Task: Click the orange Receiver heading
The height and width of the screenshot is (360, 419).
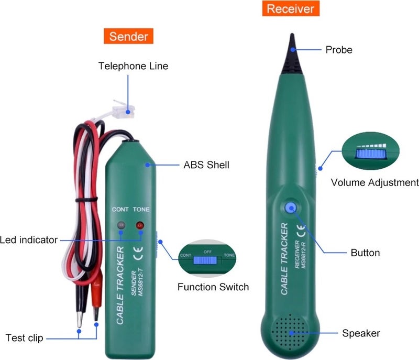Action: (x=291, y=8)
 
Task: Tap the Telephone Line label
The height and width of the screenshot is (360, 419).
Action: (x=134, y=66)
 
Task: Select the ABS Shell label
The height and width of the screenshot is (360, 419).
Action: (x=206, y=165)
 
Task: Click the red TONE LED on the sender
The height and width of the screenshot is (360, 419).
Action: (x=140, y=226)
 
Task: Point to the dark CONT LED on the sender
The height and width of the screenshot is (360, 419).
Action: (x=121, y=226)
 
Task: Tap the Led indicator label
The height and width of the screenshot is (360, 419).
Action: (x=29, y=240)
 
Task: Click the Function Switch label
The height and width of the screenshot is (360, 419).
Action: (x=213, y=287)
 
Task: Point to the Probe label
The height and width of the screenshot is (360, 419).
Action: (x=339, y=50)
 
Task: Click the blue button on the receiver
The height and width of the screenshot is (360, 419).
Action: (x=291, y=208)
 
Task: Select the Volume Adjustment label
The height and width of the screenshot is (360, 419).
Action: (x=374, y=183)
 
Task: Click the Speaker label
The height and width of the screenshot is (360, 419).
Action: (x=361, y=333)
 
